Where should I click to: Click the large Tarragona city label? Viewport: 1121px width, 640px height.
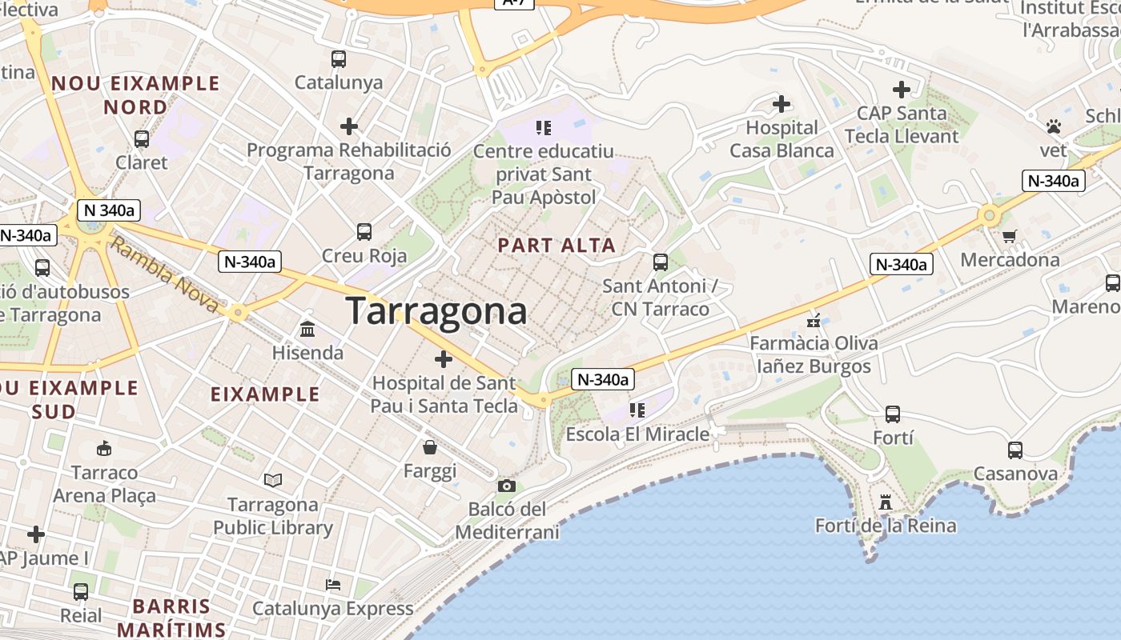click(436, 311)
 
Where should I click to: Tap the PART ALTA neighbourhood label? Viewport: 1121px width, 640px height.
click(557, 246)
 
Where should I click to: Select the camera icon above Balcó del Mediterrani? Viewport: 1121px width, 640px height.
click(506, 486)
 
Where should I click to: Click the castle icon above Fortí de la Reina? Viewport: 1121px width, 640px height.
click(885, 502)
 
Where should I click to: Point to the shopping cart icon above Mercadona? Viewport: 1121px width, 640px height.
click(1009, 236)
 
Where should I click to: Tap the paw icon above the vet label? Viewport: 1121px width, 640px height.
click(1054, 126)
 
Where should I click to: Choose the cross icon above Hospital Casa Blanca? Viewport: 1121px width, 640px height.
click(781, 104)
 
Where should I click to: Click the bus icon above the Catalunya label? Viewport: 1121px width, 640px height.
click(339, 58)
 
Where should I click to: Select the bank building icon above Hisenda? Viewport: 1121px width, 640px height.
click(307, 329)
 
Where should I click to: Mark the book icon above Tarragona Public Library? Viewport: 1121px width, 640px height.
click(273, 480)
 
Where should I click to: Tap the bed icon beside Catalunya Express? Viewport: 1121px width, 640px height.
click(333, 585)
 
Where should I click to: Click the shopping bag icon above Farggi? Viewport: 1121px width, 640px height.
click(430, 447)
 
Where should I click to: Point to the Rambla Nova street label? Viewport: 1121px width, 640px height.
click(164, 274)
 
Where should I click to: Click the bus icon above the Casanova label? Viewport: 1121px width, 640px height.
click(1015, 450)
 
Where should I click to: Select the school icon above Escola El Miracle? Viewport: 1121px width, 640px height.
click(637, 410)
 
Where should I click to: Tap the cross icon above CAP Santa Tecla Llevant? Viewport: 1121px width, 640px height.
click(902, 90)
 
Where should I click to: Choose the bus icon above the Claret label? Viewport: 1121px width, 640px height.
click(142, 138)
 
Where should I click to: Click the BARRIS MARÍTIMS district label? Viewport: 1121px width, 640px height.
click(171, 618)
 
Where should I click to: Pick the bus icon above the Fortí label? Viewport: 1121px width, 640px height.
click(893, 414)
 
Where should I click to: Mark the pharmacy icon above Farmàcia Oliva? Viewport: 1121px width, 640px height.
click(814, 322)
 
